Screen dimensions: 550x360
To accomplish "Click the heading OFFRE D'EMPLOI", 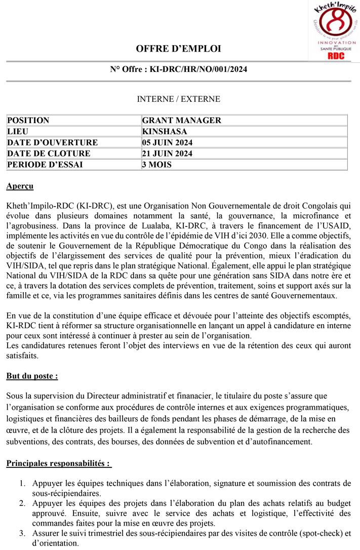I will (x=178, y=49).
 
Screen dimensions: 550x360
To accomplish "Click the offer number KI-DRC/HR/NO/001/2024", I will (x=198, y=69).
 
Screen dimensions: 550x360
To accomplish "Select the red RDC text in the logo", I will (x=336, y=56).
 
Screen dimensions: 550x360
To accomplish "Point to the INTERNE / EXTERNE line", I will (x=178, y=99).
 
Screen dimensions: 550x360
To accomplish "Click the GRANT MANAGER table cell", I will (x=182, y=121).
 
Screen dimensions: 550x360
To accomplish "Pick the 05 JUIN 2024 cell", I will (x=167, y=143).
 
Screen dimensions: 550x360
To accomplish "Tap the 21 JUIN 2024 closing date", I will (x=167, y=153).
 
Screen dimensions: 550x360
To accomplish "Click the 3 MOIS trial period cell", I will (x=157, y=165).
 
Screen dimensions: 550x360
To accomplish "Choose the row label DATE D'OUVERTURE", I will (x=52, y=143).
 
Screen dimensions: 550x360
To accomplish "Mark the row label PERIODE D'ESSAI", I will (x=45, y=165).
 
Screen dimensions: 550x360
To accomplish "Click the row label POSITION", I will (x=28, y=121).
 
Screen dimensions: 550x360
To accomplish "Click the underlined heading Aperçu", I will (x=20, y=186).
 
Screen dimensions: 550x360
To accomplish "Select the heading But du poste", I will (x=32, y=376).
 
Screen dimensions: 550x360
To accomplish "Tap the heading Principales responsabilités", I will (x=58, y=463).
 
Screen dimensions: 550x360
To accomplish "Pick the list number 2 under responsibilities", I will (x=22, y=503).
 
